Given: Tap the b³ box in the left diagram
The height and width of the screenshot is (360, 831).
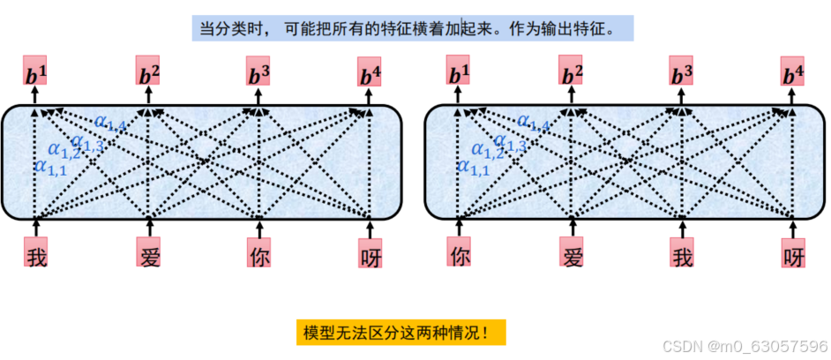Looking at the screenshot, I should coord(258,72).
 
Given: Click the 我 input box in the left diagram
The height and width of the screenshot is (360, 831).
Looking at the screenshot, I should coord(35,253).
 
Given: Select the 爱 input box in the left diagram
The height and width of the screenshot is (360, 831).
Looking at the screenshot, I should coord(149,253).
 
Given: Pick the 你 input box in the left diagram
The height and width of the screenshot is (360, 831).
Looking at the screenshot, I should coord(258,253).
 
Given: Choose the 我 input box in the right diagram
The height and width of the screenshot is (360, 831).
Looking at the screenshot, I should coord(682,253).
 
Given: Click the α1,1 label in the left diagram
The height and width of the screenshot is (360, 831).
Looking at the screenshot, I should coord(49,165).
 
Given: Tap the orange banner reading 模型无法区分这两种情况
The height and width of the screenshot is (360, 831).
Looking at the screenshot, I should coord(401,333).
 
